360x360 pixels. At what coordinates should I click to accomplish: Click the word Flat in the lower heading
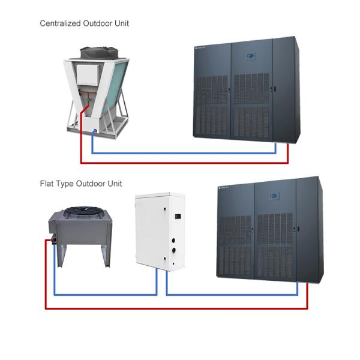(47, 184)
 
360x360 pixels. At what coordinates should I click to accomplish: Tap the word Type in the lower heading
(65, 184)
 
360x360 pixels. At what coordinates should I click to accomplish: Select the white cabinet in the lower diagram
(161, 231)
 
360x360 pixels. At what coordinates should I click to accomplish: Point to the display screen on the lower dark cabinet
(276, 195)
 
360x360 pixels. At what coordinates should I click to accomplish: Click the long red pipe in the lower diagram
(180, 308)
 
